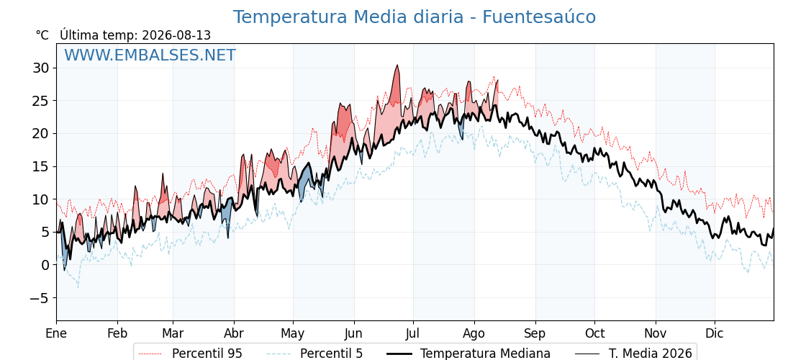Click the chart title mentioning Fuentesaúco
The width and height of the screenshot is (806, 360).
(415, 17)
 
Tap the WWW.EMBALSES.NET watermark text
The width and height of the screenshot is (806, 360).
(150, 55)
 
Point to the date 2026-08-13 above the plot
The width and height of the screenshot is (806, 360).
(176, 35)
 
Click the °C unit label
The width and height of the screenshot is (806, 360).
(42, 35)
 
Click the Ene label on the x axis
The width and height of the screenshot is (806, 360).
(56, 333)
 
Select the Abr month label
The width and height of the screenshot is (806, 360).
(234, 333)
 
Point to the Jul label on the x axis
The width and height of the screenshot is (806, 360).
(413, 333)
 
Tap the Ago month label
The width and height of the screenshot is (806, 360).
(474, 334)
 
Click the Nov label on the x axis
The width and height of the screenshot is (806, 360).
(656, 333)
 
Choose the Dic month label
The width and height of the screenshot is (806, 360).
(715, 333)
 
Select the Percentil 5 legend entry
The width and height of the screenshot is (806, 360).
(315, 354)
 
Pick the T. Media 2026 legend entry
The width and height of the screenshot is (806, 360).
(633, 354)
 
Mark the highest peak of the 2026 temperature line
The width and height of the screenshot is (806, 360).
(397, 66)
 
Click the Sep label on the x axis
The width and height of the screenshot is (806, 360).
(535, 334)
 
